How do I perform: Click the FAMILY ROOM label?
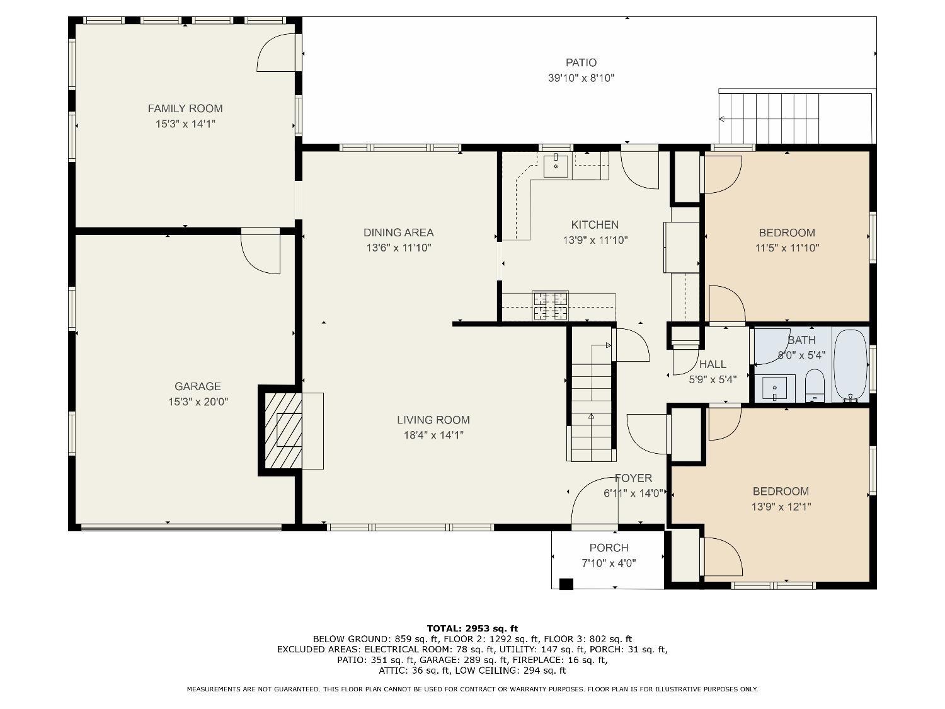click(x=185, y=108)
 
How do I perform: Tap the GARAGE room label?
click(x=198, y=386)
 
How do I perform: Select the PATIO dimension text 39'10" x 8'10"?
click(x=581, y=78)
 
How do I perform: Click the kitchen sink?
click(x=556, y=166)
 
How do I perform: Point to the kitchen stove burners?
click(x=551, y=306)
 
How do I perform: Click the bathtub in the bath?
click(x=850, y=366)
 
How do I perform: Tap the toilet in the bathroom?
click(x=815, y=385)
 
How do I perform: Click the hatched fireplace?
click(x=283, y=430)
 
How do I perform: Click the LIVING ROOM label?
click(x=433, y=420)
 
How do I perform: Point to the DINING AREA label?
click(x=398, y=233)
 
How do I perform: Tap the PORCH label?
click(x=609, y=548)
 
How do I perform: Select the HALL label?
click(x=713, y=364)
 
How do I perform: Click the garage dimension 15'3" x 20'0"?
click(x=198, y=401)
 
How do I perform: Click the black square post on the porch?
click(x=566, y=584)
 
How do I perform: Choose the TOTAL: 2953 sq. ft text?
click(x=472, y=628)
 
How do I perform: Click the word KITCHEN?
click(x=595, y=225)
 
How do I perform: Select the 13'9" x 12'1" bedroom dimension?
click(x=781, y=507)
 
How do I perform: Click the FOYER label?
click(x=633, y=478)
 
